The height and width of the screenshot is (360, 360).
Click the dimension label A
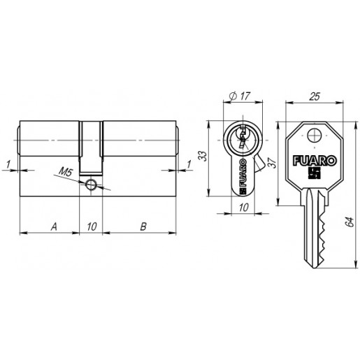coord(54,226)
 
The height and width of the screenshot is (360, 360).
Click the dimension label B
coord(143,226)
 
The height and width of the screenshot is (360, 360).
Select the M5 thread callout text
coord(66,172)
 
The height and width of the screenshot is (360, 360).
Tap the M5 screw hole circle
coord(91,185)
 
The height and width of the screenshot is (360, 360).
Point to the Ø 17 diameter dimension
coord(239,96)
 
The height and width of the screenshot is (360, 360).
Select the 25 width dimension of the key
coord(315,96)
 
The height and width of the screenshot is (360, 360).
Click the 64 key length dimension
coord(350,222)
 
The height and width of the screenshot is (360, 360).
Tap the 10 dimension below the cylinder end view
coord(244,207)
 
